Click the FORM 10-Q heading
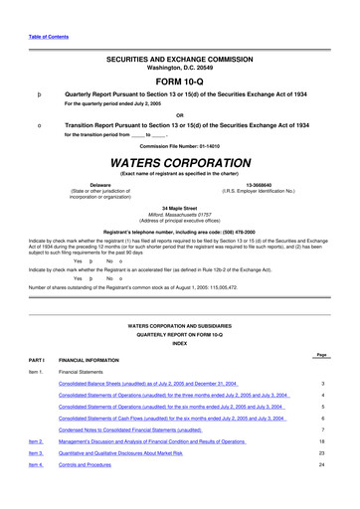(180, 82)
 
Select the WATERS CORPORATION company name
(180, 162)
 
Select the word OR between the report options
(180, 112)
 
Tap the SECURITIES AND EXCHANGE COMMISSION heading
(180, 60)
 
